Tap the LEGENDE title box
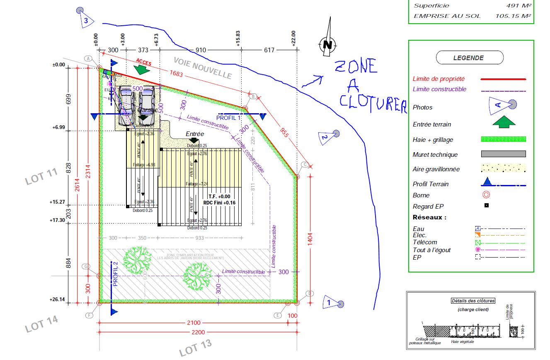click(x=470, y=58)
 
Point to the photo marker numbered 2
click(x=330, y=136)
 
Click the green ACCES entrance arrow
click(x=142, y=70)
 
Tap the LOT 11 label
click(x=41, y=176)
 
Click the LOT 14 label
click(x=41, y=324)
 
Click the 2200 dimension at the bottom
click(x=197, y=332)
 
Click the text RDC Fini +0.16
click(x=219, y=203)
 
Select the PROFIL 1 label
click(x=229, y=117)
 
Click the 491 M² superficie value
click(x=518, y=6)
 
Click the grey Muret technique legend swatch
click(x=503, y=154)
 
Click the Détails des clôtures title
click(x=472, y=301)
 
